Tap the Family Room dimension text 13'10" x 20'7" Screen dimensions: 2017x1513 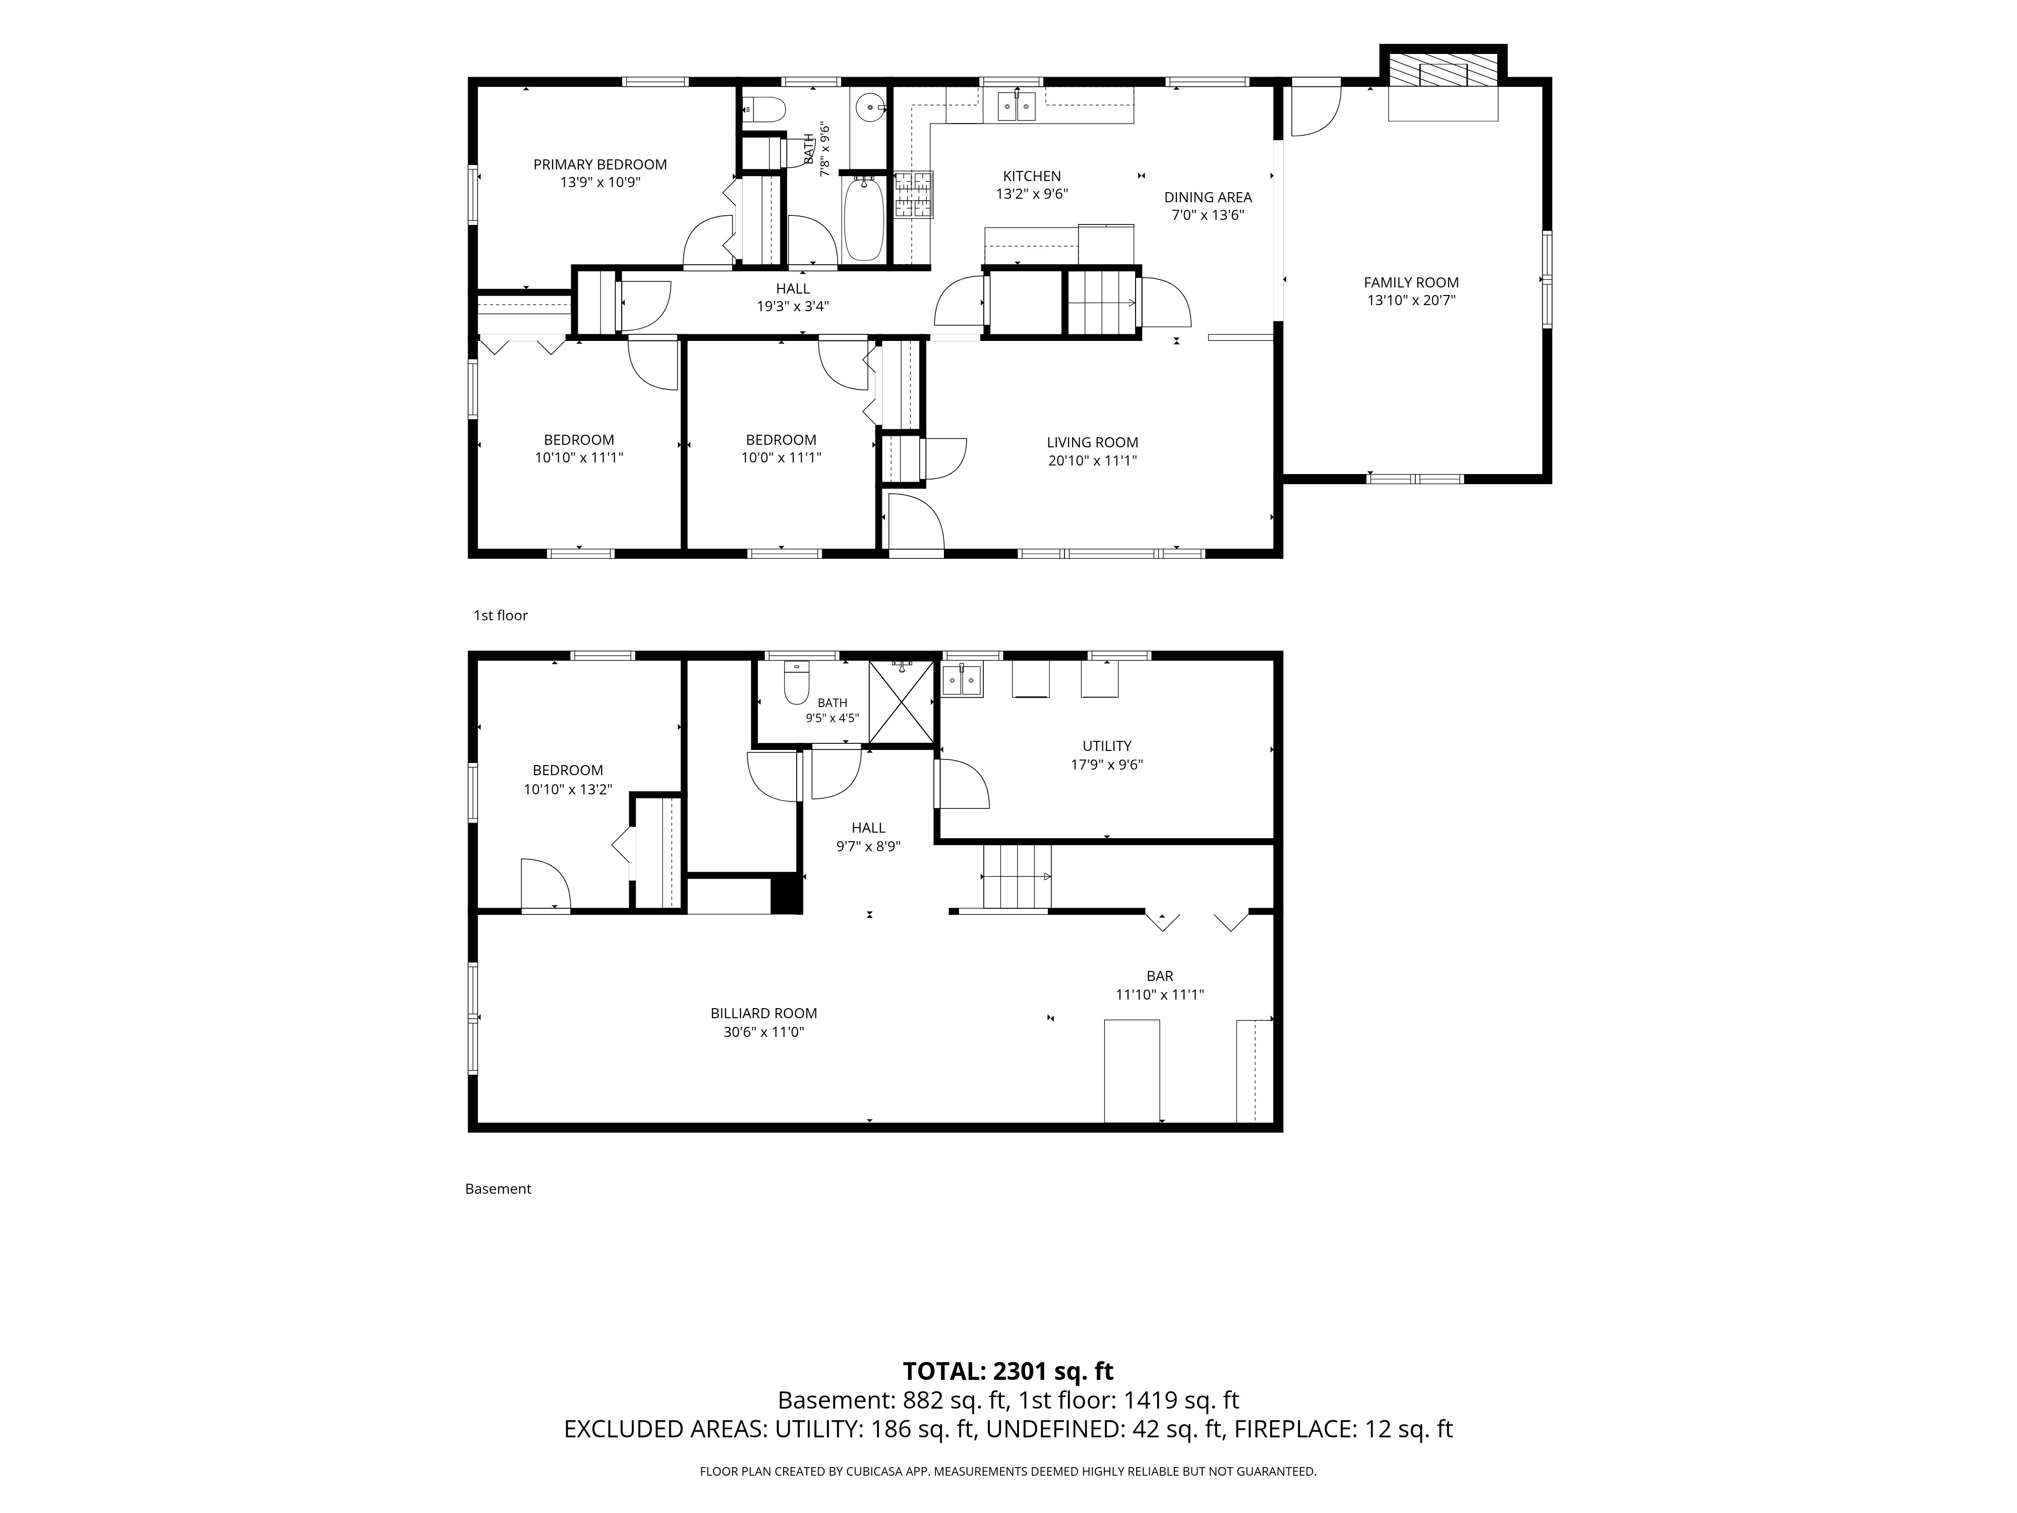click(1410, 300)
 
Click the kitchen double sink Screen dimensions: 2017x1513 click(1016, 106)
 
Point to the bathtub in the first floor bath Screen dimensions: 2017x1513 click(863, 219)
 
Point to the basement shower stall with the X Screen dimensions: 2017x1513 click(901, 702)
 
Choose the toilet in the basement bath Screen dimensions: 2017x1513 click(797, 683)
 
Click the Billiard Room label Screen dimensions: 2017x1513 click(763, 1013)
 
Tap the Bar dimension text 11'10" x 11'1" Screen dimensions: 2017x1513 click(1160, 995)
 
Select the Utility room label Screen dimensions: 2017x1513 click(1107, 746)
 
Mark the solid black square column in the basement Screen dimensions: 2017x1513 click(786, 894)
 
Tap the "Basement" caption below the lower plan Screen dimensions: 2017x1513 click(498, 1189)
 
